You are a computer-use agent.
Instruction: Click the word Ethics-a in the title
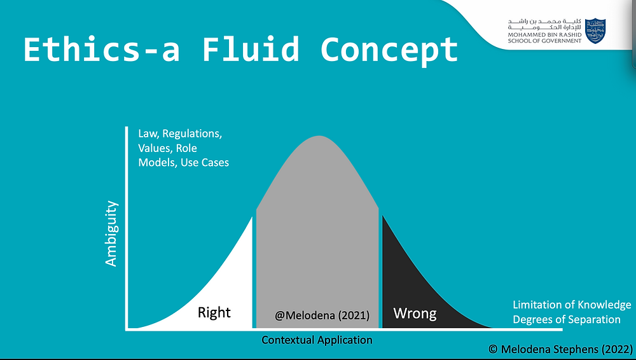(x=101, y=50)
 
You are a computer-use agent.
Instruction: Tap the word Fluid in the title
(x=250, y=50)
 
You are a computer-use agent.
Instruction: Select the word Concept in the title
(x=389, y=51)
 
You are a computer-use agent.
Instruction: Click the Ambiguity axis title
(x=111, y=233)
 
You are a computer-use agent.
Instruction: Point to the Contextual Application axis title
(x=317, y=340)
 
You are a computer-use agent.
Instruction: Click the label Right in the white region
(x=214, y=312)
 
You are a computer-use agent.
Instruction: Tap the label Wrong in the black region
(x=415, y=314)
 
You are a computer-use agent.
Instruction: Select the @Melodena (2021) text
(x=322, y=315)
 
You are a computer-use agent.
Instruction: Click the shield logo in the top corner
(x=595, y=31)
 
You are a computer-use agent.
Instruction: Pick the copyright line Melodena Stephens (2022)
(x=561, y=349)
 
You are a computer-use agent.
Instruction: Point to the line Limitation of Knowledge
(x=572, y=305)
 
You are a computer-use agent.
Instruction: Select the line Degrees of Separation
(x=567, y=319)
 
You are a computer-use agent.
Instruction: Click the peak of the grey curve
(x=319, y=136)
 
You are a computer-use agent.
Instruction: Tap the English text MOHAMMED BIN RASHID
(x=545, y=35)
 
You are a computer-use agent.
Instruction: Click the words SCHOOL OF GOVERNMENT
(x=545, y=41)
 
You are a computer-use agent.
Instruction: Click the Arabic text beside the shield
(x=545, y=24)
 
